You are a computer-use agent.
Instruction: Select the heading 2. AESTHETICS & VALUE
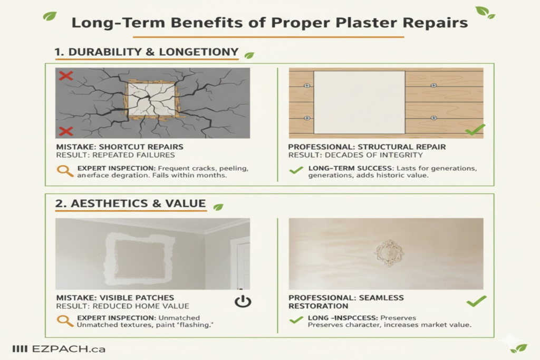click(x=130, y=203)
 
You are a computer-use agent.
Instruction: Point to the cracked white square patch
click(x=151, y=100)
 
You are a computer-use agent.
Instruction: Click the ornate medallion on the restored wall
click(x=389, y=253)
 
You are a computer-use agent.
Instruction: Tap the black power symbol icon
click(x=242, y=301)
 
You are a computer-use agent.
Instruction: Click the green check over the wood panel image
click(x=475, y=129)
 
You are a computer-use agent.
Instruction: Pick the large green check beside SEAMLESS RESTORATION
click(x=477, y=301)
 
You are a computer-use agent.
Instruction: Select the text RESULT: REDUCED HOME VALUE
click(x=122, y=306)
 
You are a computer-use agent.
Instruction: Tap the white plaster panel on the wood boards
click(x=359, y=102)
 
